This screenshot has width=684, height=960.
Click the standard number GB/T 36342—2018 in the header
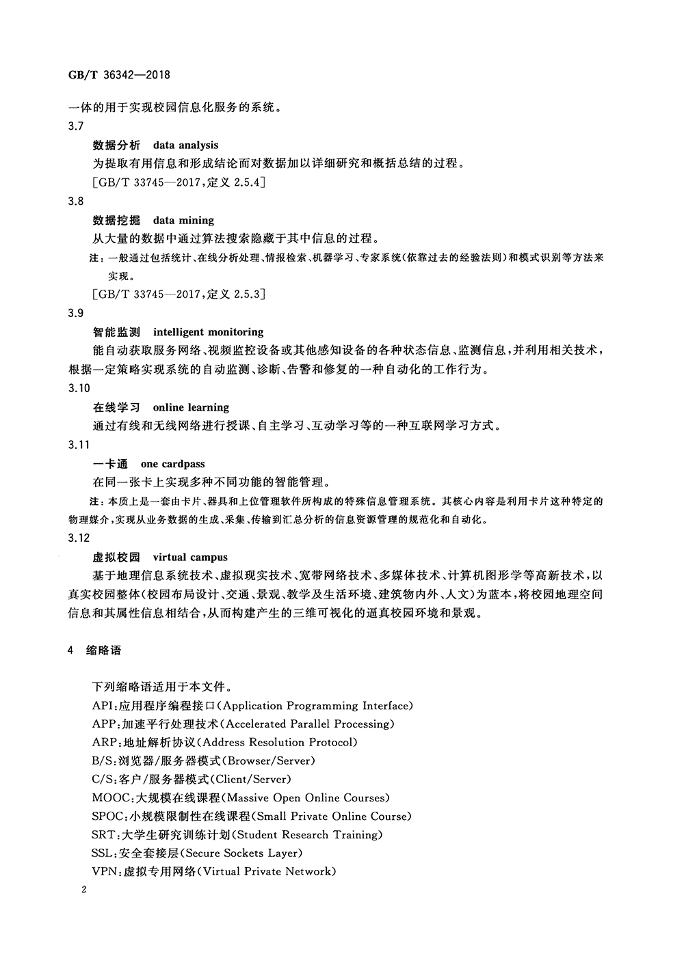coord(120,74)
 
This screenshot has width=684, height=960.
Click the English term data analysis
coord(185,145)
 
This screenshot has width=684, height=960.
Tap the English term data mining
coord(183,220)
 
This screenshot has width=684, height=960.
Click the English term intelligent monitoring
coord(208,332)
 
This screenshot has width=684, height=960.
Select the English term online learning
coord(191,407)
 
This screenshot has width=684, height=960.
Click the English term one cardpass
coord(172,464)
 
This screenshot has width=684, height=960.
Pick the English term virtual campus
coord(190,557)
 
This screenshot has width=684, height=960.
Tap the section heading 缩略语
coord(104,650)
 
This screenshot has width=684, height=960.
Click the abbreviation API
coord(103,706)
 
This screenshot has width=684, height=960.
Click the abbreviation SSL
coord(103,853)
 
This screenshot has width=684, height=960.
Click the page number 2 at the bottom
coord(82,890)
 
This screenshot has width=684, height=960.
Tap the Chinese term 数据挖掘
coord(116,220)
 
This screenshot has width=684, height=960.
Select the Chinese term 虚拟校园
coord(116,557)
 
